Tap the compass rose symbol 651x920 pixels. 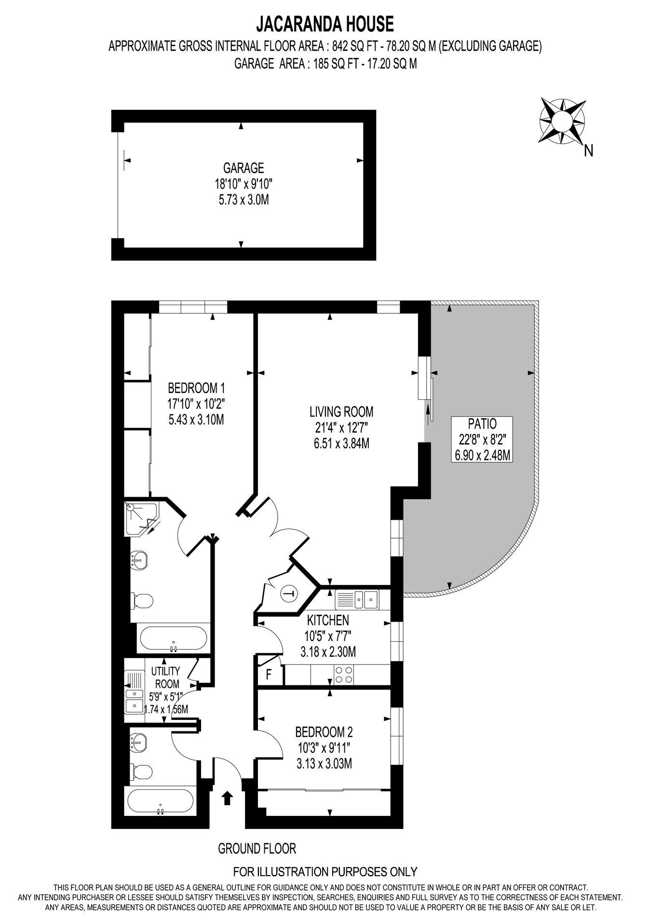coord(562,120)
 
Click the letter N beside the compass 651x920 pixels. coord(588,151)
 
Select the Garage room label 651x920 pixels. coord(244,168)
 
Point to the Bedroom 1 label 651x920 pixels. coord(196,388)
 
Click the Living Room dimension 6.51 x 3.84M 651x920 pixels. coord(341,443)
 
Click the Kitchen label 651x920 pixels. coord(328,620)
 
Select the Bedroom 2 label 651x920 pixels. coord(324,732)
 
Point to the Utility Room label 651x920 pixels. coord(165,677)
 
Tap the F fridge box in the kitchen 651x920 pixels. coord(269,674)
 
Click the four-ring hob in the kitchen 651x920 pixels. coord(345,674)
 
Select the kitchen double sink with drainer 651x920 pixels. coord(357,599)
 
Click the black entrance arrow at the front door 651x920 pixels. coord(227,798)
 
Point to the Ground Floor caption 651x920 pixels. coord(257,848)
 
